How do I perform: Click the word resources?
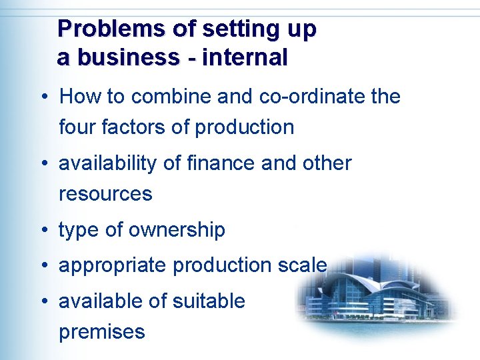click(x=105, y=194)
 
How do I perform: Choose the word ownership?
click(x=177, y=231)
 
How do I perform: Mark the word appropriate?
click(x=113, y=266)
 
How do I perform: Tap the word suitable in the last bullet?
click(x=209, y=301)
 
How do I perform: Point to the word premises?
click(x=102, y=332)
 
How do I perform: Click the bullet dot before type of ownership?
click(x=42, y=231)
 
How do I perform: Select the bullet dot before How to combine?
click(x=42, y=97)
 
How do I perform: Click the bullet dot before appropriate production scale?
click(x=42, y=265)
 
